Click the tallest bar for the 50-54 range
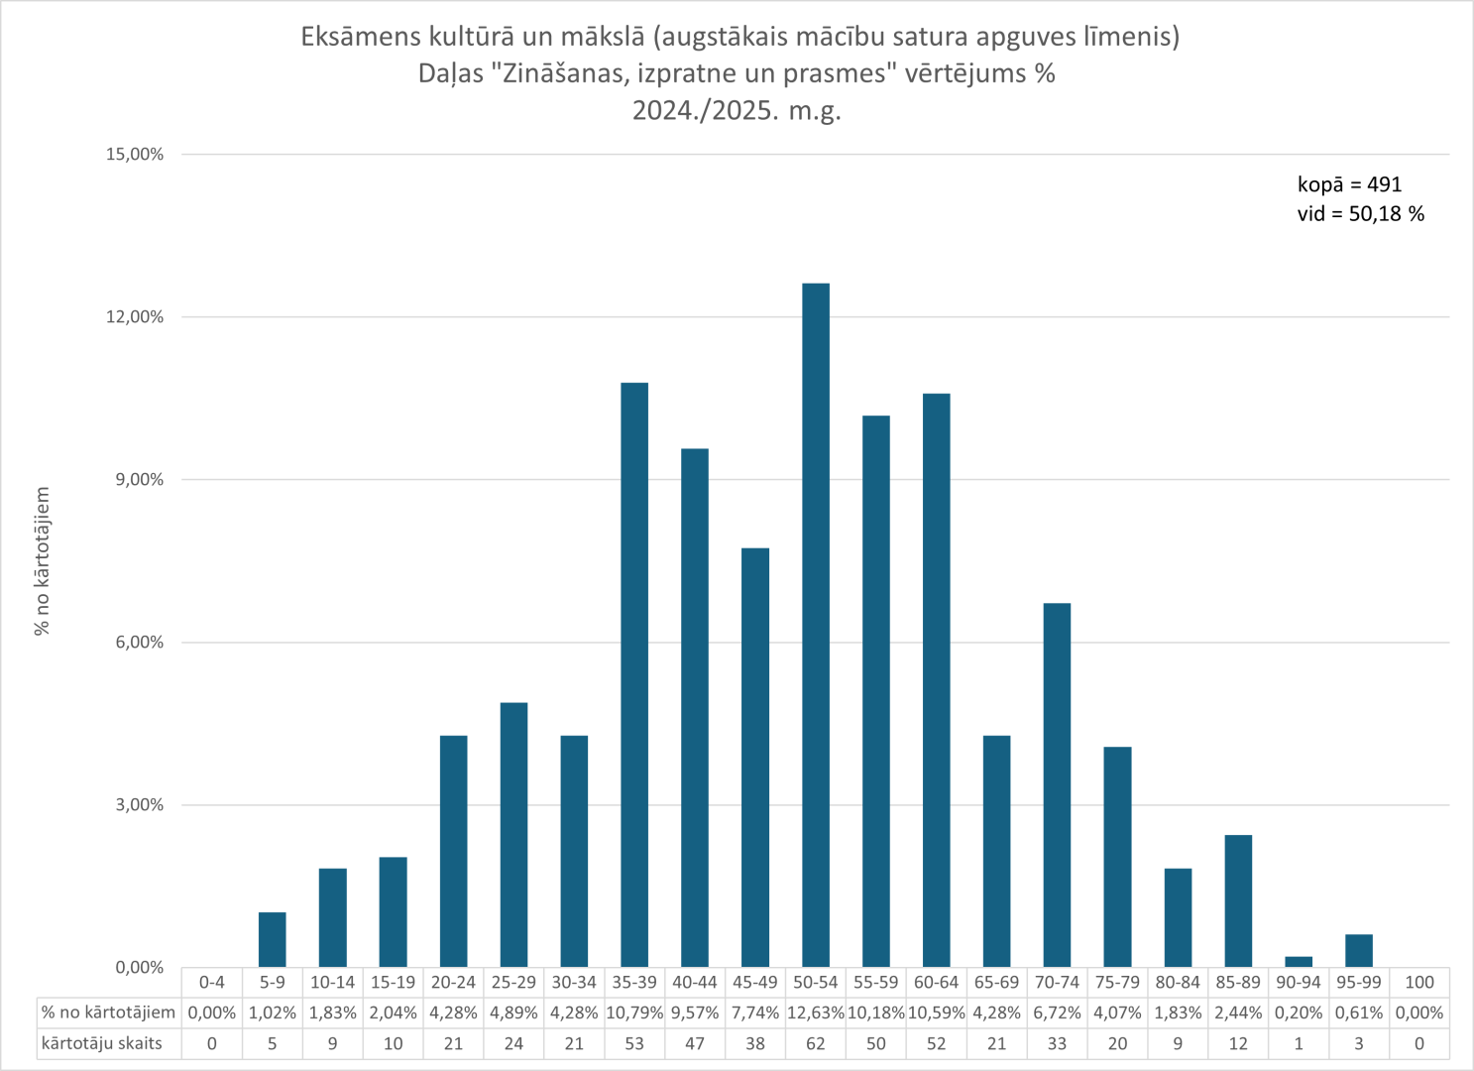tap(816, 625)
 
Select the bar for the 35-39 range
tap(634, 674)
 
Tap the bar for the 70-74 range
tap(1057, 784)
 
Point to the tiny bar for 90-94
tap(1299, 962)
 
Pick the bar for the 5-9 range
tap(273, 939)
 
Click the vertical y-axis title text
tap(42, 561)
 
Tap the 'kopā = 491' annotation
tap(1349, 184)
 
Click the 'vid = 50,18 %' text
tap(1360, 214)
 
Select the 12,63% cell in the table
tap(816, 1012)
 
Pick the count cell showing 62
tap(816, 1043)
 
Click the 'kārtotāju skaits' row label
tap(102, 1043)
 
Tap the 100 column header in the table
tap(1419, 982)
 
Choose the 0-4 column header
tap(212, 982)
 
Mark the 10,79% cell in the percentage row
tap(634, 1012)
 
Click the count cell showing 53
tap(634, 1043)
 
